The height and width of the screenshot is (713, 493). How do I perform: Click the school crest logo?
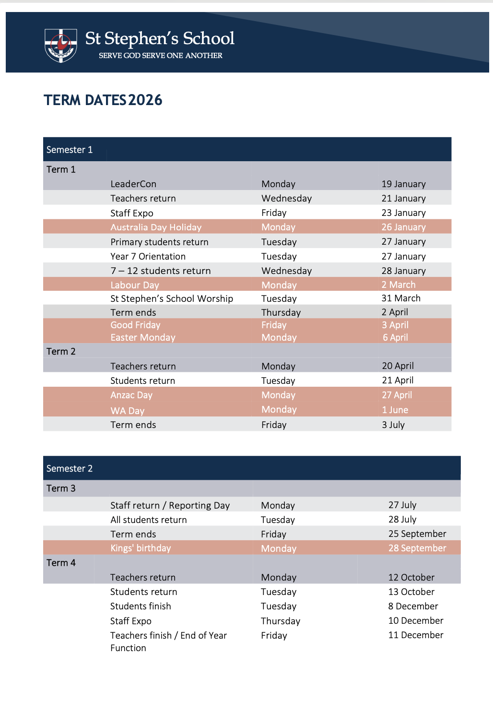pyautogui.click(x=60, y=45)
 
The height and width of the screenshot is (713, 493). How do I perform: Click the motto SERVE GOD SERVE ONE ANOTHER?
pyautogui.click(x=160, y=56)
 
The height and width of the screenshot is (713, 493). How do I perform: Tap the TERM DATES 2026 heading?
pyautogui.click(x=103, y=100)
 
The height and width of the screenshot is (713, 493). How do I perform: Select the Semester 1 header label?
pyautogui.click(x=70, y=150)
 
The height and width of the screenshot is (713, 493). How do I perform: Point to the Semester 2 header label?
pyautogui.click(x=70, y=468)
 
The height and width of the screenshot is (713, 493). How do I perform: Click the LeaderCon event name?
pyautogui.click(x=133, y=184)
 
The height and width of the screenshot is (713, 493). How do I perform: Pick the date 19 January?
pyautogui.click(x=403, y=184)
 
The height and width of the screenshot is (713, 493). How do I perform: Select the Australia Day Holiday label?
pyautogui.click(x=156, y=227)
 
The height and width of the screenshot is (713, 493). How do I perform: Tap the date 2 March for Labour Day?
pyautogui.click(x=399, y=285)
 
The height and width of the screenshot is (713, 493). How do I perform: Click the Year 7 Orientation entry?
pyautogui.click(x=148, y=256)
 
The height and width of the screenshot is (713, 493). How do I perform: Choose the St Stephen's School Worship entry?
pyautogui.click(x=172, y=298)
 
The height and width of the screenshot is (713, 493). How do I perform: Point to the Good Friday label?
pyautogui.click(x=135, y=325)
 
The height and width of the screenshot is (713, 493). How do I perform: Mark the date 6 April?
pyautogui.click(x=395, y=337)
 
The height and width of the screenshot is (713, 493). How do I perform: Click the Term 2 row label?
pyautogui.click(x=61, y=351)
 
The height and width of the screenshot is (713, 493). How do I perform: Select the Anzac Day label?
pyautogui.click(x=131, y=395)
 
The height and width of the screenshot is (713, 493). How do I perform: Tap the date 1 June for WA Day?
pyautogui.click(x=395, y=410)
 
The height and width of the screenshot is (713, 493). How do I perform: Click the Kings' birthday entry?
pyautogui.click(x=141, y=548)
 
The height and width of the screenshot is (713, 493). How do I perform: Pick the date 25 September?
pyautogui.click(x=417, y=534)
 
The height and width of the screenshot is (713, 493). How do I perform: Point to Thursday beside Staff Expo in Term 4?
pyautogui.click(x=281, y=621)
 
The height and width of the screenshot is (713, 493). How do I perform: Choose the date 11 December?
pyautogui.click(x=416, y=635)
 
